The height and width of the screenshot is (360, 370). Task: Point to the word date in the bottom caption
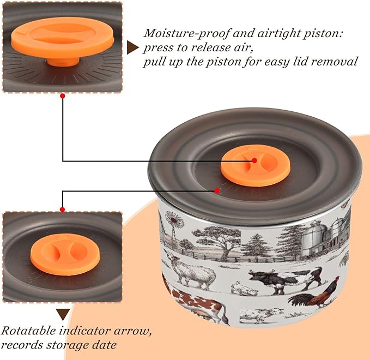pos(104,345)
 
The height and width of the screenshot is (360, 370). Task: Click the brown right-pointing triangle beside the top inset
pos(132,47)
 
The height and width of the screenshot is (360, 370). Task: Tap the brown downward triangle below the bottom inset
pos(63,314)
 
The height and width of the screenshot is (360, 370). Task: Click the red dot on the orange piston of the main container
pos(254,160)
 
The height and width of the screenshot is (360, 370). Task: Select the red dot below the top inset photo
pos(63,96)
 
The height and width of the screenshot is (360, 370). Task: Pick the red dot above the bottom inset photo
pos(63,209)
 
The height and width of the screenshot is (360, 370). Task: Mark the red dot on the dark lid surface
pos(217,190)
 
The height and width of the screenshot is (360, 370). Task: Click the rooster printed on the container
pos(314,293)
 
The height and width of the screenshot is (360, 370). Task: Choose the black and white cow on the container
pos(286,279)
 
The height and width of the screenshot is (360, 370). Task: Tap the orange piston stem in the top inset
pos(63,62)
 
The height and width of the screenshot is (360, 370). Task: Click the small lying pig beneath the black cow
pos(244,289)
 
